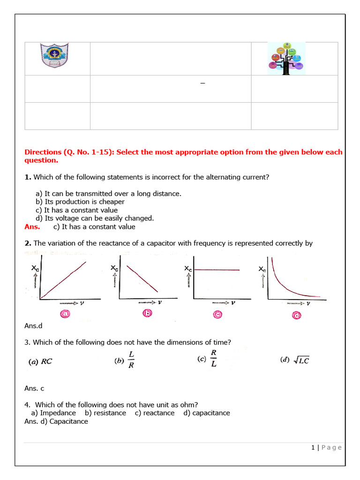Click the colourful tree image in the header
(x=285, y=58)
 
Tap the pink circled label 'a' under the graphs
(x=64, y=315)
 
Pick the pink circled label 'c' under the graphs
(x=218, y=315)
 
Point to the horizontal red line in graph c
(x=217, y=270)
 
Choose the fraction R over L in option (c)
(x=213, y=358)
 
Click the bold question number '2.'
(x=28, y=243)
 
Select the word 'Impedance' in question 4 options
(x=58, y=413)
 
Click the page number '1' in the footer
(x=313, y=448)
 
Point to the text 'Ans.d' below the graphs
(x=34, y=325)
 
